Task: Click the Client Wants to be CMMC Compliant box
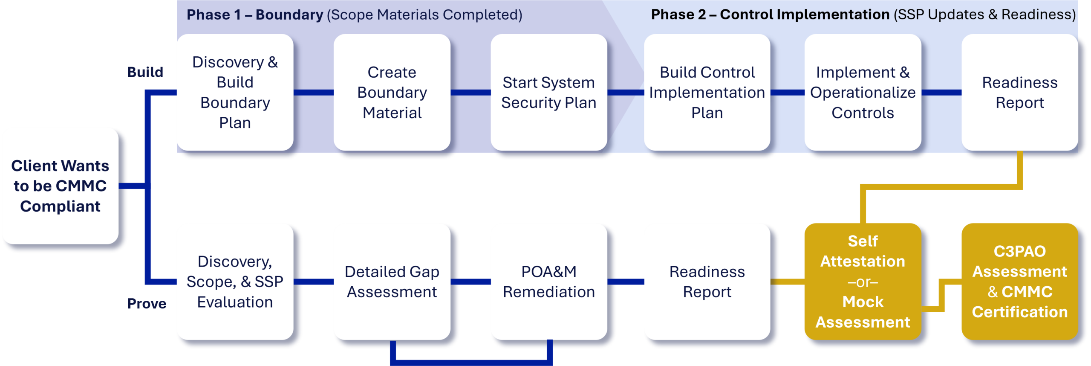pos(60,186)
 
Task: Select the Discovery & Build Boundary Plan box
pos(235,92)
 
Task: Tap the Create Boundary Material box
pos(392,92)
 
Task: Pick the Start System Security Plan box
pos(548,92)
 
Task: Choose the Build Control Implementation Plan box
pos(707,92)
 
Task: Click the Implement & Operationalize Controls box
pos(863,92)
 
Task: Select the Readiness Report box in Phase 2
pos(1019,92)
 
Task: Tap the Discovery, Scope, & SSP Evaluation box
pos(235,282)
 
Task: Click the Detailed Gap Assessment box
pos(392,282)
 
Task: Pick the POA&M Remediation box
pos(548,282)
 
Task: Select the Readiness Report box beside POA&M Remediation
pos(707,282)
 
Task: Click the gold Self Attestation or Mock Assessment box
pos(863,282)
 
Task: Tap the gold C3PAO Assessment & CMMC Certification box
pos(1019,282)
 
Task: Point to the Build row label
pos(145,72)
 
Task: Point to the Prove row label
pos(147,304)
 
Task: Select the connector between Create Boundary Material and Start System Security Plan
pos(470,92)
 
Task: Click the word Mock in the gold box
pos(863,302)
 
